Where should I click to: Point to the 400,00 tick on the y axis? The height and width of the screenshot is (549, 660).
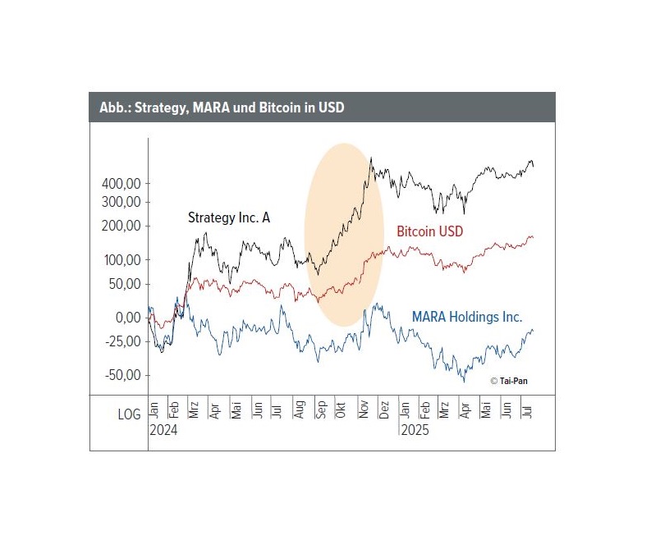pos(120,183)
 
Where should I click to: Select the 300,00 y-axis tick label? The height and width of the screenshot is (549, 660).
pos(120,202)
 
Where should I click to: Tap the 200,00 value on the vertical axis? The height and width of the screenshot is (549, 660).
pos(120,226)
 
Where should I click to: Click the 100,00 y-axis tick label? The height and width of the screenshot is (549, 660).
pos(120,260)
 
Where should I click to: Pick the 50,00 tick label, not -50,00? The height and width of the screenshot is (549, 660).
pos(123,285)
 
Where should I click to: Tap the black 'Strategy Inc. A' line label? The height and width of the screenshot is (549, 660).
pos(229,217)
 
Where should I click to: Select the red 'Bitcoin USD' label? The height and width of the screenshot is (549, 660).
pos(429,231)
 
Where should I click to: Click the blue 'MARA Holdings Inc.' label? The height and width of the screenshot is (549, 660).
pos(467,316)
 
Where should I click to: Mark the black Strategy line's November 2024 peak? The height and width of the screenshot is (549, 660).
pos(371,158)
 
